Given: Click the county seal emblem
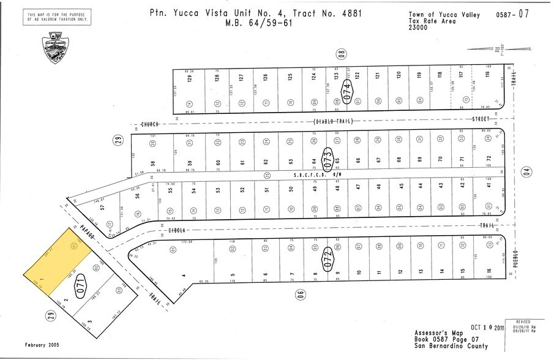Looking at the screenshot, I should point(56,48).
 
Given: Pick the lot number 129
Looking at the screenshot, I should point(191,78).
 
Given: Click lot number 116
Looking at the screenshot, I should point(488,75).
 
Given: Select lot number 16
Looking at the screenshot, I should point(488,272).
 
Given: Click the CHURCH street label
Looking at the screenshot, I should point(150,124).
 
